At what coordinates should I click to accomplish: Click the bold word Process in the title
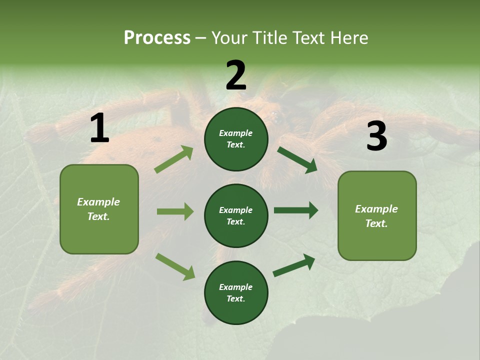pyautogui.click(x=157, y=38)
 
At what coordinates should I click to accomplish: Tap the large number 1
pyautogui.click(x=99, y=129)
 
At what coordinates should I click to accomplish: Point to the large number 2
pyautogui.click(x=236, y=76)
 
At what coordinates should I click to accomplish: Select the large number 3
pyautogui.click(x=376, y=136)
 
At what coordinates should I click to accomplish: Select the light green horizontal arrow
pyautogui.click(x=175, y=211)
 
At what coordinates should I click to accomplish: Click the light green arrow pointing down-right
pyautogui.click(x=175, y=266)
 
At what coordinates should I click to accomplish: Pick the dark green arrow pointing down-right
pyautogui.click(x=297, y=159)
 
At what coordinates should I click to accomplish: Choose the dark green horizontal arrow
pyautogui.click(x=295, y=210)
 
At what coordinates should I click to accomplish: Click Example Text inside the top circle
pyautogui.click(x=236, y=139)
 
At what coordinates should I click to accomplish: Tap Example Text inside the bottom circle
pyautogui.click(x=236, y=293)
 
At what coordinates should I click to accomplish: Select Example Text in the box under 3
pyautogui.click(x=376, y=216)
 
